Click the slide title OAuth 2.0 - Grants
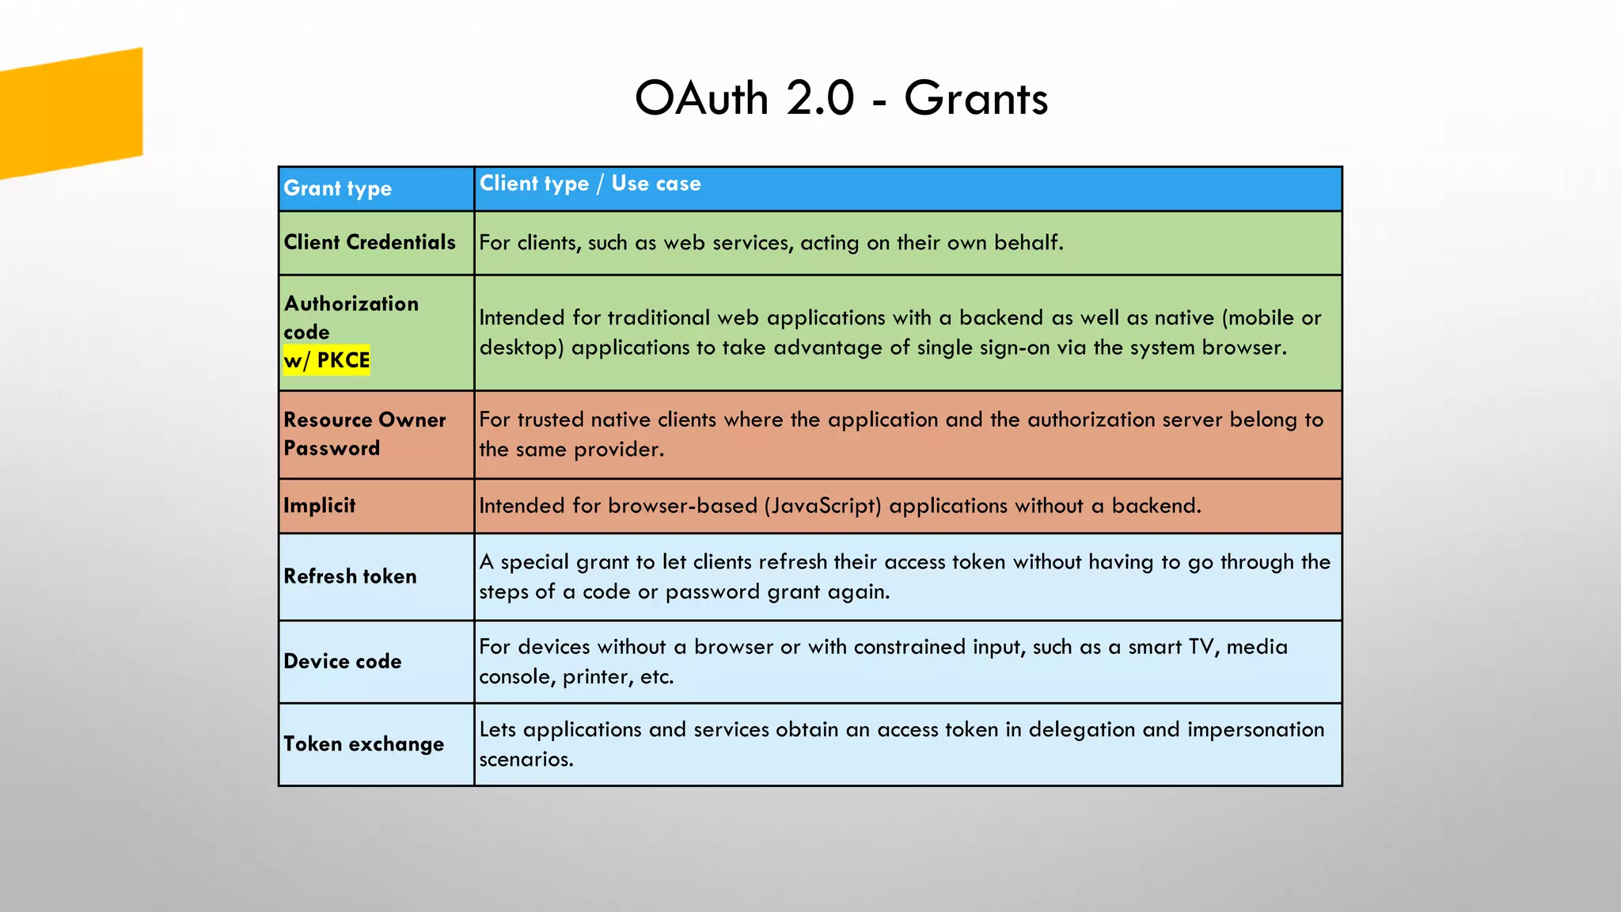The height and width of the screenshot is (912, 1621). click(x=841, y=98)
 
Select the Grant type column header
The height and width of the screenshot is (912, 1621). click(x=338, y=188)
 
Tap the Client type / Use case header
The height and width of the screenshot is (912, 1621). click(x=590, y=184)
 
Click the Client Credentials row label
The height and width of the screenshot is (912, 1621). click(x=370, y=242)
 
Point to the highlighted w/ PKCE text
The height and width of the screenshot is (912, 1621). click(x=327, y=360)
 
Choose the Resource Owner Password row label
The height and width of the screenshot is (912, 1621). click(x=364, y=434)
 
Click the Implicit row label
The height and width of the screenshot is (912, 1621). click(x=320, y=505)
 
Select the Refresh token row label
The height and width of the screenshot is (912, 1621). click(x=350, y=576)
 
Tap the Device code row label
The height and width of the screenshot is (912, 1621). click(x=343, y=661)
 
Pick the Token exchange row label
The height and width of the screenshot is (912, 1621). click(x=364, y=744)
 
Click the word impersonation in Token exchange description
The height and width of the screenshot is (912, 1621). click(x=1255, y=730)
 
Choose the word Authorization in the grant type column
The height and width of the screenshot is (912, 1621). click(x=351, y=304)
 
